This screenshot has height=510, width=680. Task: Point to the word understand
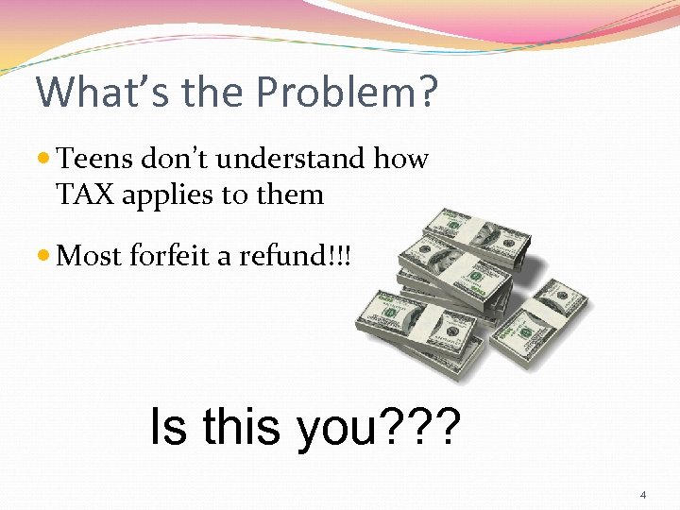[292, 160]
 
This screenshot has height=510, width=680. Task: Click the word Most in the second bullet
[85, 255]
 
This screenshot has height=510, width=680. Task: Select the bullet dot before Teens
[44, 160]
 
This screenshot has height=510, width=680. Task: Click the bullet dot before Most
[44, 255]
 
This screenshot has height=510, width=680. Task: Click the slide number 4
[642, 495]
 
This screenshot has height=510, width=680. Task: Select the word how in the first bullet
[400, 160]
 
